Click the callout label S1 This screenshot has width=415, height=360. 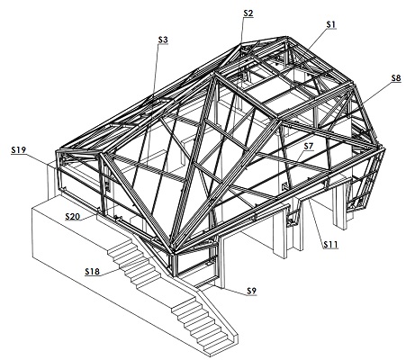pos(330,24)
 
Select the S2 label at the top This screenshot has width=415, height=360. pos(248,13)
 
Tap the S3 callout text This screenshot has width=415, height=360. pos(163,40)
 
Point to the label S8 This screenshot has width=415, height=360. pos(396,78)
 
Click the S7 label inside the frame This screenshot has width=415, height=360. pos(308,147)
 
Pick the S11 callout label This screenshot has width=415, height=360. pos(330,245)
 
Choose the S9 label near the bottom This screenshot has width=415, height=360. pos(252,291)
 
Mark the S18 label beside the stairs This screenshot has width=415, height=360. pos(92,272)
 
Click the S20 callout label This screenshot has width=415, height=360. pos(73,216)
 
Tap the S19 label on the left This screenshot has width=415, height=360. pos(19,150)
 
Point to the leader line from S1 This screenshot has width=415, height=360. pos(317,40)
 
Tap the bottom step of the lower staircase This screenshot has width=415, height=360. pos(217,347)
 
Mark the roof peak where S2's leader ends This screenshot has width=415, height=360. pos(241,45)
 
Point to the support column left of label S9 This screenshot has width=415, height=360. pos(221,262)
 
